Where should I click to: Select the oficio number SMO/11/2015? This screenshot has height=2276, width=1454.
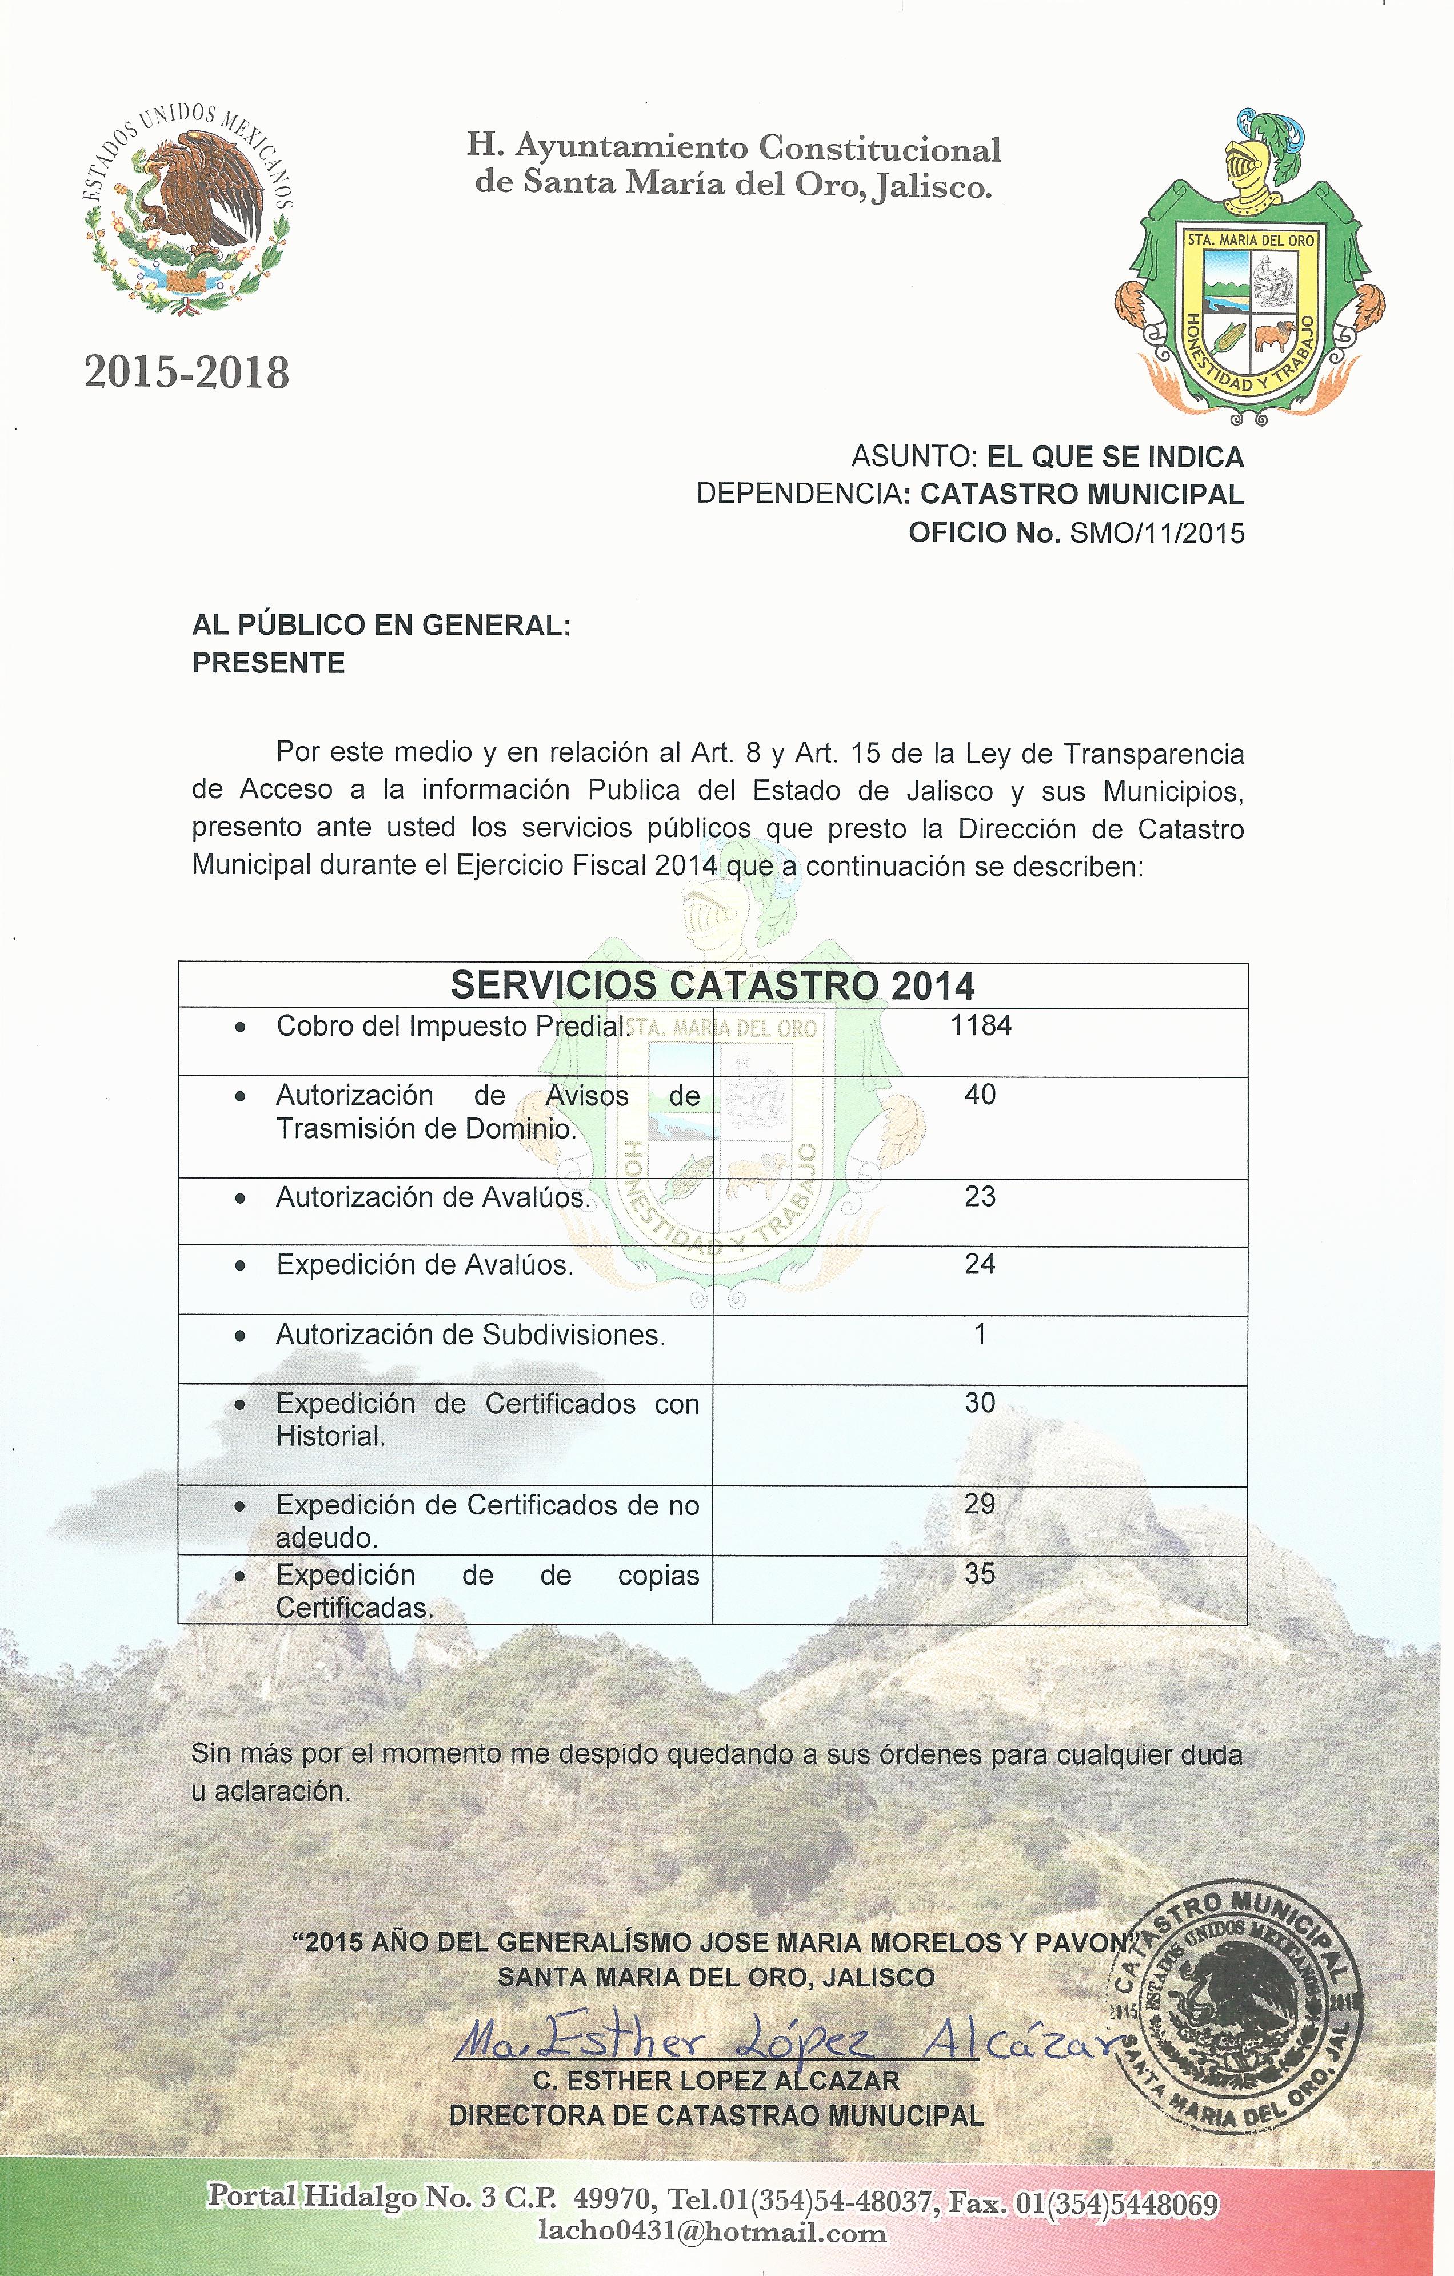click(x=1156, y=533)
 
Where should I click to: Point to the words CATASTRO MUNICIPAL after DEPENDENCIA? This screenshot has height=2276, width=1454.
click(x=1081, y=494)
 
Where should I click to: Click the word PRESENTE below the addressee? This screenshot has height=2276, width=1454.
click(x=269, y=663)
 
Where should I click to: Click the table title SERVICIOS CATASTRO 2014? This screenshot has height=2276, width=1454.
click(x=712, y=986)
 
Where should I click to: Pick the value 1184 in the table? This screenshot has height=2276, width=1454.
click(x=980, y=1025)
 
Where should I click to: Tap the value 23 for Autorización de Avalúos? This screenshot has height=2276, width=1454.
click(x=980, y=1197)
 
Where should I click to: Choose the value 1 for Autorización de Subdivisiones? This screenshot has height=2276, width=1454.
click(x=980, y=1333)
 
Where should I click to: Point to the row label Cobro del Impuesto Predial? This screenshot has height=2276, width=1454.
click(x=453, y=1027)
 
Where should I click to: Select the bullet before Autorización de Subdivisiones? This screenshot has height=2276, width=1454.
click(x=242, y=1336)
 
